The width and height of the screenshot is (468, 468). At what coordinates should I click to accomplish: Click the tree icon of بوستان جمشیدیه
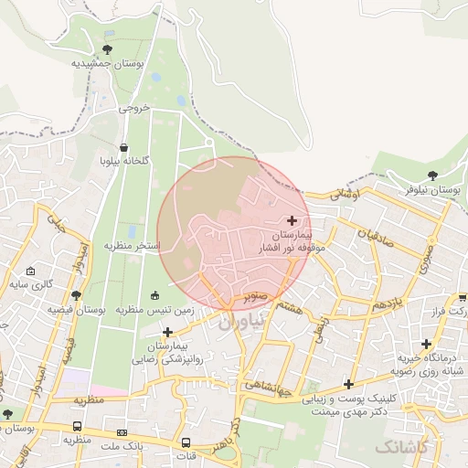click(108, 49)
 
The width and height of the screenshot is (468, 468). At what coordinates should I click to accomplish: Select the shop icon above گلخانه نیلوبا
click(124, 147)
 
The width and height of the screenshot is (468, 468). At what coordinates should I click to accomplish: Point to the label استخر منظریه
click(132, 247)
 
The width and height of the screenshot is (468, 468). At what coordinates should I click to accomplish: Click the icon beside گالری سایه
click(31, 271)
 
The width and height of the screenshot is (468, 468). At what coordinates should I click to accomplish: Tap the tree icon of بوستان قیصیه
click(76, 295)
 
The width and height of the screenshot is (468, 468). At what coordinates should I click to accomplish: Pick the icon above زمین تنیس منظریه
click(154, 294)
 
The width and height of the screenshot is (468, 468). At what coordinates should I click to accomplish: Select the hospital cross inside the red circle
click(292, 220)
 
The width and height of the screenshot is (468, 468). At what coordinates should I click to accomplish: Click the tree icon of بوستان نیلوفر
click(432, 175)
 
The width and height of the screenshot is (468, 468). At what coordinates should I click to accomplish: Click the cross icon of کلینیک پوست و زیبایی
click(347, 384)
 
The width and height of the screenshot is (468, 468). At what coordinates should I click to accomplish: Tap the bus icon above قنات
click(186, 441)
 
